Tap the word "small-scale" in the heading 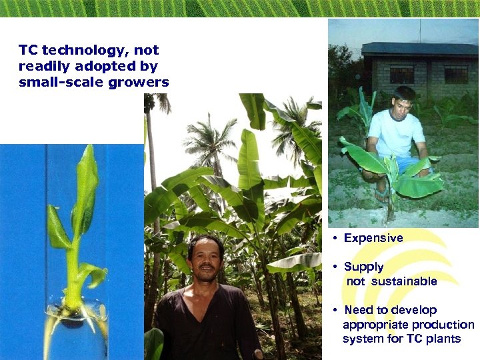tap(55, 83)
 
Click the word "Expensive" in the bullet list tap(373, 238)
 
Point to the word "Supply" tap(363, 267)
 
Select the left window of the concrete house tap(401, 74)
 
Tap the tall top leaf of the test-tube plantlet tap(86, 180)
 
